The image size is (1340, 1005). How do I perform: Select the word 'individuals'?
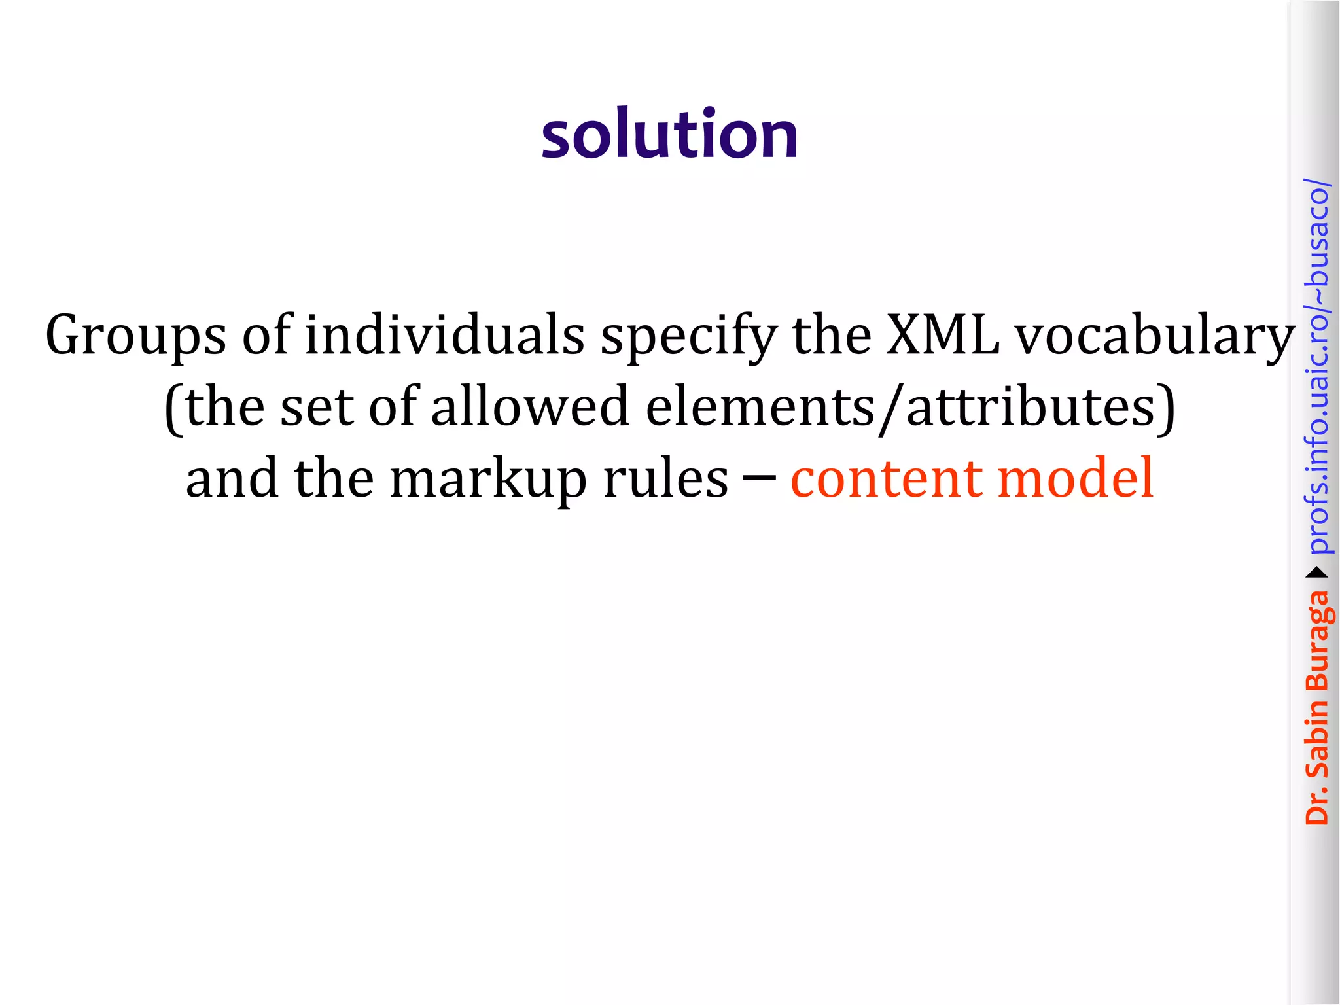click(445, 335)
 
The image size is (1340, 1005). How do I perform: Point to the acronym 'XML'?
click(943, 335)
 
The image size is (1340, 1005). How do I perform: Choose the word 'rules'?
click(665, 478)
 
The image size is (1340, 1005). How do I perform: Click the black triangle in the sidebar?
click(1317, 573)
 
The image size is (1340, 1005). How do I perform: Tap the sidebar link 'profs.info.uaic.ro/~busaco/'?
click(1317, 366)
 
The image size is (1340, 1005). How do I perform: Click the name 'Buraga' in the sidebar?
click(1317, 641)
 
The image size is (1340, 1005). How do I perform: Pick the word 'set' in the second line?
click(317, 406)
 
